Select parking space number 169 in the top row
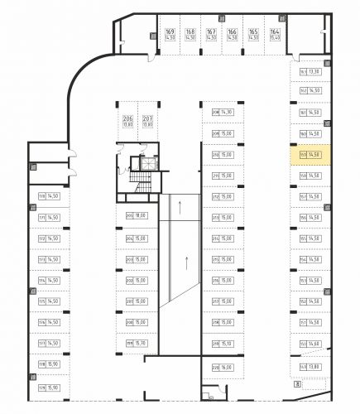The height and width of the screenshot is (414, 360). coord(147,35)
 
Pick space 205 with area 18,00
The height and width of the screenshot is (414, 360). coord(136,216)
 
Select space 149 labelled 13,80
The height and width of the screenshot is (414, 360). coord(310,365)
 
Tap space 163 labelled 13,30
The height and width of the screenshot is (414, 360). coord(310,71)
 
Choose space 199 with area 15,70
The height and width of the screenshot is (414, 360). coord(136,343)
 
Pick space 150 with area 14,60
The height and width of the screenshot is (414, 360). coord(310,344)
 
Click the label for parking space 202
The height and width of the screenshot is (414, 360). coord(136,280)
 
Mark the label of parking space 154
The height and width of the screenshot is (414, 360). coord(310,259)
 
